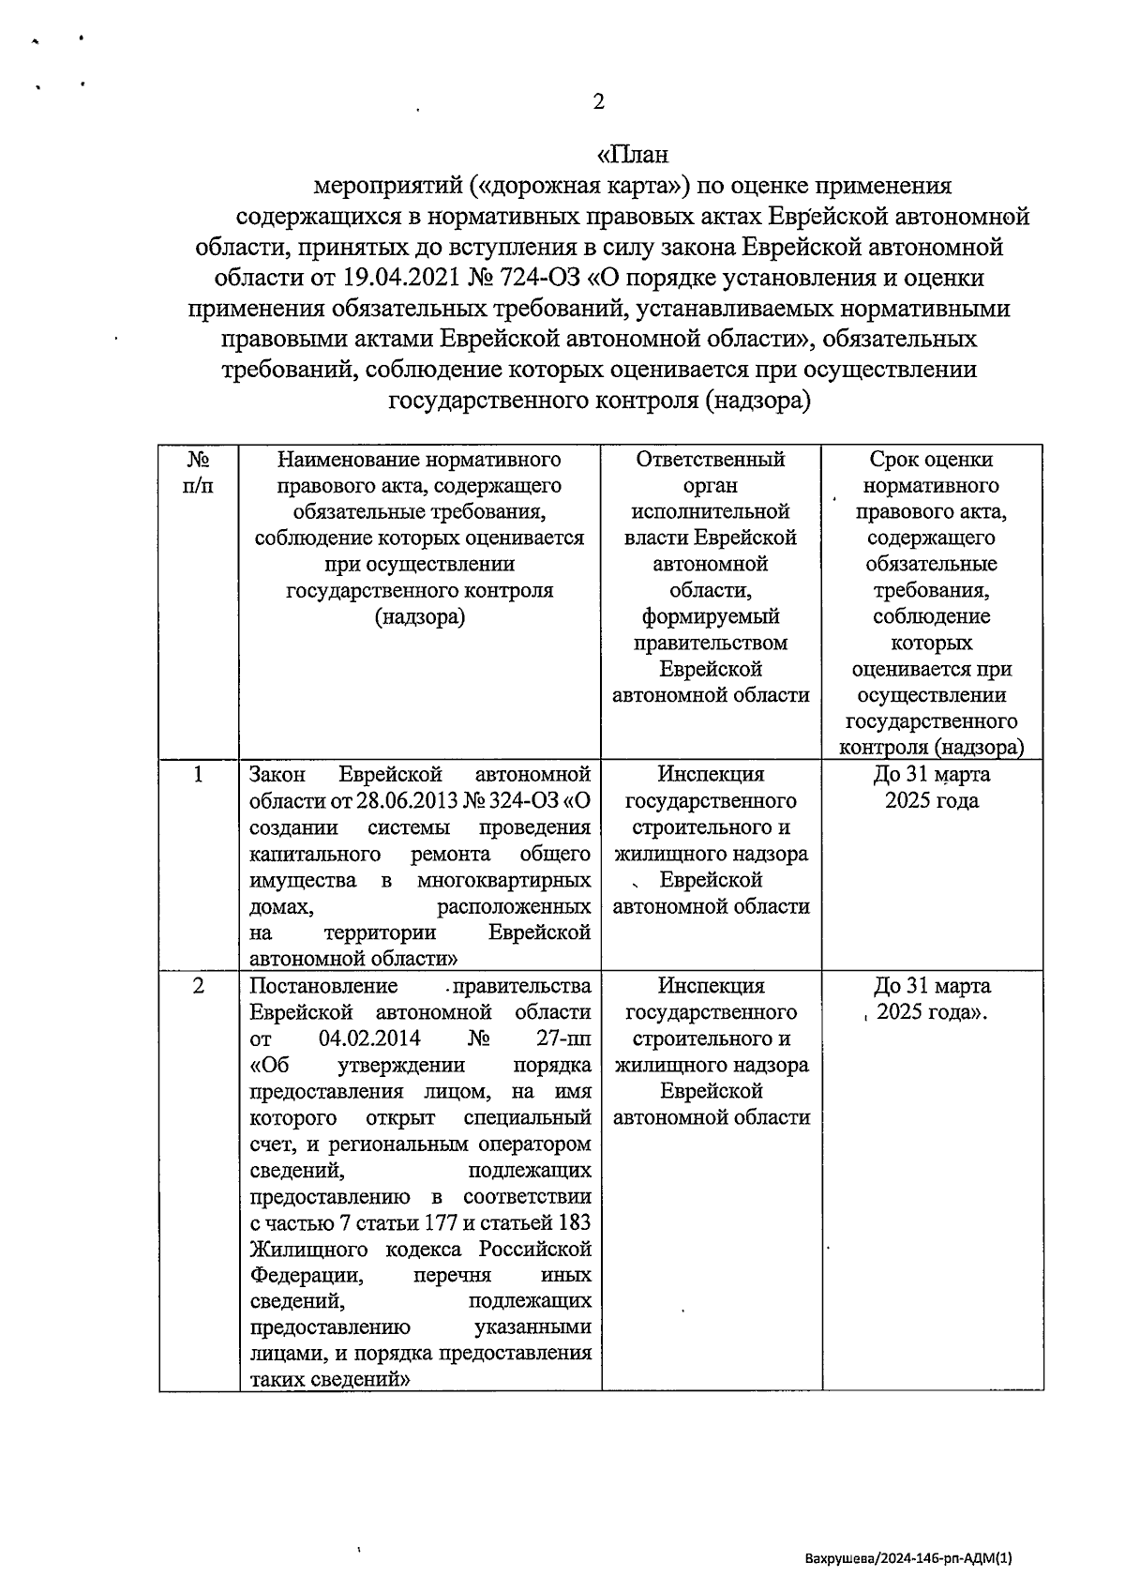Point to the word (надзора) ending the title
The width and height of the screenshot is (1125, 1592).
pos(756,401)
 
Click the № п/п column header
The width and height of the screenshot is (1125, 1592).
pos(198,473)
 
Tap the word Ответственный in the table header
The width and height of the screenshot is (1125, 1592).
pos(710,460)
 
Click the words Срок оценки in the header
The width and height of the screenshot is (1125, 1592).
pos(931,460)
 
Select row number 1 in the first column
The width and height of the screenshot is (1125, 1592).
pos(198,775)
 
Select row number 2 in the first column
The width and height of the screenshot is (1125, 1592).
pos(198,987)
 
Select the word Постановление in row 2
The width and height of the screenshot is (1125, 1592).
pos(323,987)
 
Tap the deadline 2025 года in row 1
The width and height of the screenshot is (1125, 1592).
pos(931,801)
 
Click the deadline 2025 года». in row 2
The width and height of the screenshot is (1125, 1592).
pos(935,1013)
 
